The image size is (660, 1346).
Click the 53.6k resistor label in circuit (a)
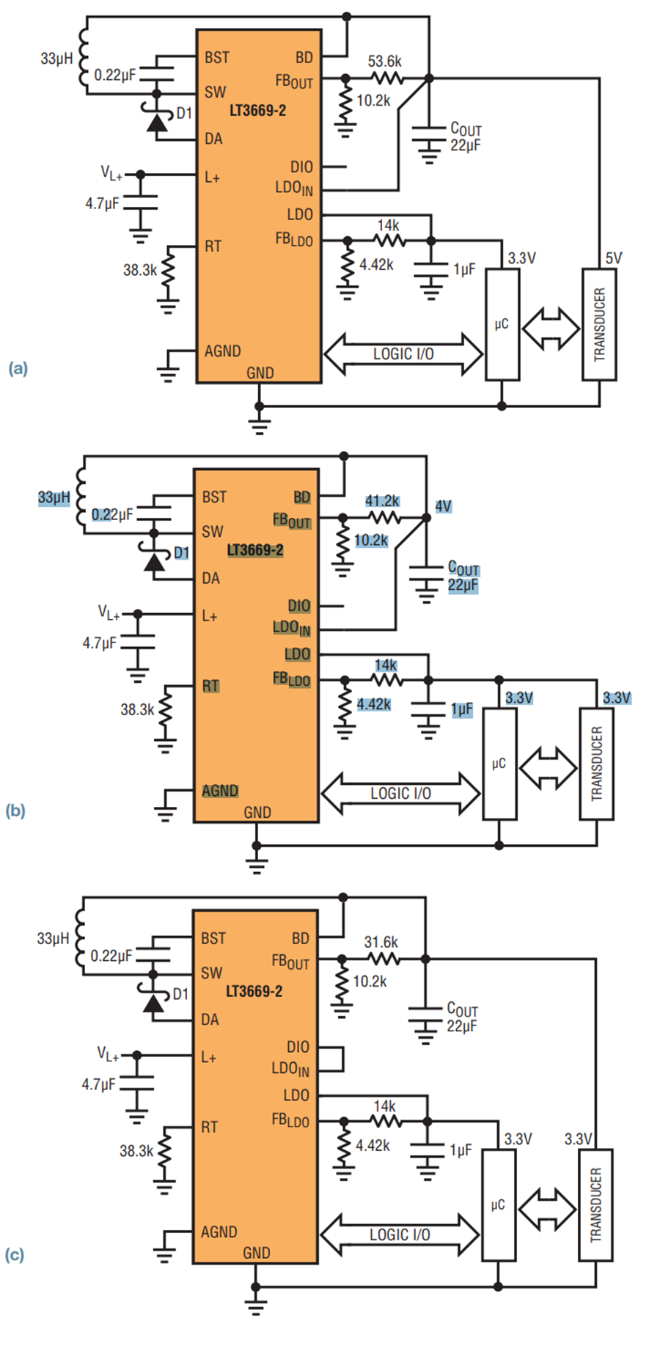384,62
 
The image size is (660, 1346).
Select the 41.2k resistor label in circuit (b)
382,501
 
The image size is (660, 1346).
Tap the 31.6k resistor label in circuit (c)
381,942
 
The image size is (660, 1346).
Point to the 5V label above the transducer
613,258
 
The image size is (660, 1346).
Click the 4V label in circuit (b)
443,506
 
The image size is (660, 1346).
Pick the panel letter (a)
18,367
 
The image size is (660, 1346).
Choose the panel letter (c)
15,1255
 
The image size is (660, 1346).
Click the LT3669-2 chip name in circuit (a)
257,111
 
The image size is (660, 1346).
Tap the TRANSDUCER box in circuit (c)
595,1205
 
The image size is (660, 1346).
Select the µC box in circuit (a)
502,324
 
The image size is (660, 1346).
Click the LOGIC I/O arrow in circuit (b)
400,794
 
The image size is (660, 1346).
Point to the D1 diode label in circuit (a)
184,113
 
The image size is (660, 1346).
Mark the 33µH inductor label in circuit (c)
53,938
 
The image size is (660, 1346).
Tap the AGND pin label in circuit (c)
219,1232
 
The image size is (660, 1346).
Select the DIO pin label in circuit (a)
301,167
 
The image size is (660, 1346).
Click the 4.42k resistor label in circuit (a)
376,265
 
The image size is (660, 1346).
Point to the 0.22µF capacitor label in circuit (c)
111,957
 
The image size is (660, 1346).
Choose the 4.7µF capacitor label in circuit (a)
102,204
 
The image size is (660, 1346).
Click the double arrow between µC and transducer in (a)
551,328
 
